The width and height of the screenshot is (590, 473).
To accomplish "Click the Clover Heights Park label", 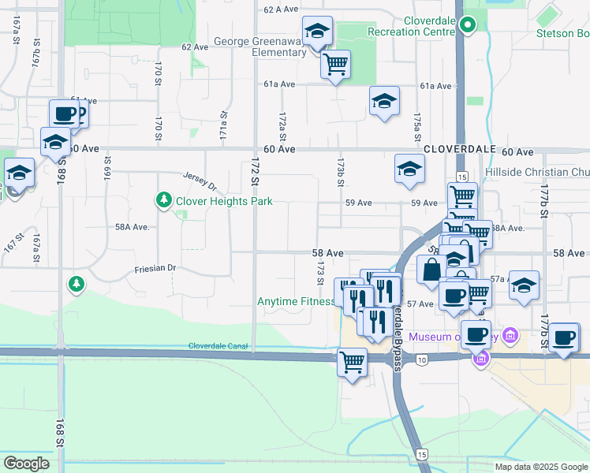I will coord(224,201).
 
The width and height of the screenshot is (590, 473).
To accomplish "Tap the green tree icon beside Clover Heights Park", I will coord(163,200).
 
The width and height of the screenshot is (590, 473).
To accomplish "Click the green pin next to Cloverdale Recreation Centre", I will coord(468,25).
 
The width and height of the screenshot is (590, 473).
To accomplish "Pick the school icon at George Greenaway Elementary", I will coord(318,32).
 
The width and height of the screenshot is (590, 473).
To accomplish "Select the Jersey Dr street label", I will coord(199,181).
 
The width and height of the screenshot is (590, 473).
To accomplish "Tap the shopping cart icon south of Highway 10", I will coord(351,363).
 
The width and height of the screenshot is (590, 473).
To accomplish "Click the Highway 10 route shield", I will coord(423,360).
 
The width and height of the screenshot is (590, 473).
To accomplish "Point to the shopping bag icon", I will coord(431,269).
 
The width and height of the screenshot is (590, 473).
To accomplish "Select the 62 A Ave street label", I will coord(282,9).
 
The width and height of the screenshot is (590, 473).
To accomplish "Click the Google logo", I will coord(25,464).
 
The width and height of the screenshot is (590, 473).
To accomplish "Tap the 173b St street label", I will coord(342,173).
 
